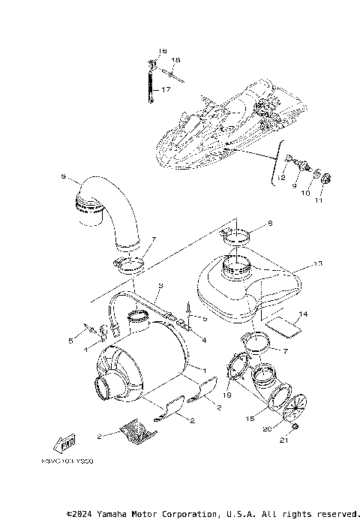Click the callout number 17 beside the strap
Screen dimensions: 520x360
[x=166, y=89]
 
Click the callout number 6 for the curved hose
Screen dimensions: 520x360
[x=64, y=177]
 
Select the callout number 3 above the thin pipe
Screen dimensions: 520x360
[x=159, y=287]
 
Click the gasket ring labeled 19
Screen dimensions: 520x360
[x=236, y=372]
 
